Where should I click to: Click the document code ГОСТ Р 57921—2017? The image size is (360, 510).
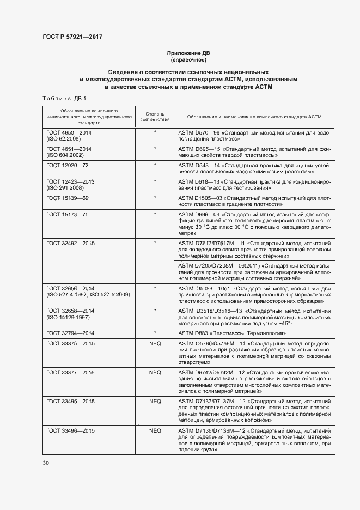tap(72, 37)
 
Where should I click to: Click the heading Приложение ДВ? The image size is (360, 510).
tap(188, 53)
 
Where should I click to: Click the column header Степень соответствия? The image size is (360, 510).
tap(155, 117)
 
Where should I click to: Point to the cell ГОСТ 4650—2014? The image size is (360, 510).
tap(69, 133)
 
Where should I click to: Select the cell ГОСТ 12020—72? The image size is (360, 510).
tap(68, 165)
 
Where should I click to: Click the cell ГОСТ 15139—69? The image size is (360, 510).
tap(68, 197)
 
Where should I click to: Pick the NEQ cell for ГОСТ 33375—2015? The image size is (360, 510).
tap(155, 343)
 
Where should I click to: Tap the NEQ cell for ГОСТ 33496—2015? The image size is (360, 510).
tap(155, 430)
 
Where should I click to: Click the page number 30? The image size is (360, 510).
tap(46, 463)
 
